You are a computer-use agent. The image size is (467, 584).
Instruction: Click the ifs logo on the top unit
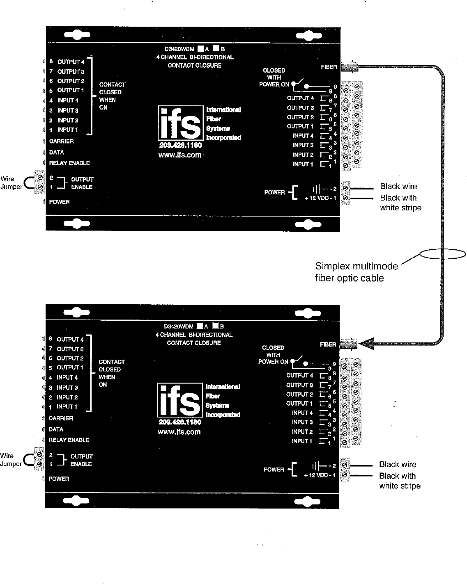[x=180, y=123]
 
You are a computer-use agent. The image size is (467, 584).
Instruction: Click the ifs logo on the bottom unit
[x=179, y=400]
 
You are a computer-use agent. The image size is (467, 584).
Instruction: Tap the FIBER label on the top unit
[x=329, y=67]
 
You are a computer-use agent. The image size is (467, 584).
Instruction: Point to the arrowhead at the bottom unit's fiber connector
[x=366, y=344]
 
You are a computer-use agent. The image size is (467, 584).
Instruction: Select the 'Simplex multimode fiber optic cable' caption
[x=356, y=272]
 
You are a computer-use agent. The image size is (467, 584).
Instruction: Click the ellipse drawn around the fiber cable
[x=443, y=254]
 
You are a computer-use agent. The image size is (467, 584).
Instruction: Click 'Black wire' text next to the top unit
[x=398, y=187]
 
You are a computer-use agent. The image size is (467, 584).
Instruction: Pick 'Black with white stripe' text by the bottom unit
[x=399, y=481]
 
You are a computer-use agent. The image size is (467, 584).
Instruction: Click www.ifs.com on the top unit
[x=180, y=155]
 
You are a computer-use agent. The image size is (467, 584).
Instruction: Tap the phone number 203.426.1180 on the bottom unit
[x=179, y=422]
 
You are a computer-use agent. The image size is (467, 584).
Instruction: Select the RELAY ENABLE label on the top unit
[x=69, y=163]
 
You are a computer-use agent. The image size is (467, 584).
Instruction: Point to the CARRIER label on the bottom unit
[x=61, y=418]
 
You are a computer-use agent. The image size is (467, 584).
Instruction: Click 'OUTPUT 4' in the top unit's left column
[x=71, y=62]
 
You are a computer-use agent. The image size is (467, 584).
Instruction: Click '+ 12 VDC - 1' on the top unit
[x=320, y=198]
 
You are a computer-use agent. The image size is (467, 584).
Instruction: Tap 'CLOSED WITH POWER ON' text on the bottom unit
[x=273, y=355]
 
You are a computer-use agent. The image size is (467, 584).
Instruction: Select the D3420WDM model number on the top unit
[x=179, y=49]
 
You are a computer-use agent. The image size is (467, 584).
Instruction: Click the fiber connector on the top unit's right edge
[x=349, y=66]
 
